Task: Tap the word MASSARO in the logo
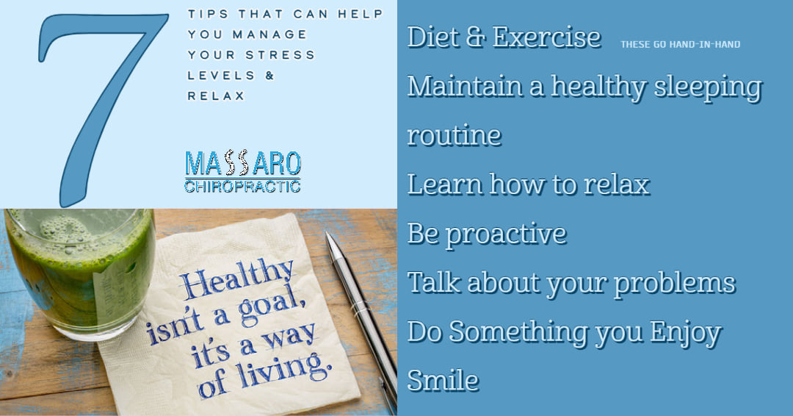[x=243, y=163]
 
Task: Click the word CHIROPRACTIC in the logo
[x=243, y=186]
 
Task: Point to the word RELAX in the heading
[x=216, y=96]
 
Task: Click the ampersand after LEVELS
[x=269, y=76]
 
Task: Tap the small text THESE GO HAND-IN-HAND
[x=680, y=45]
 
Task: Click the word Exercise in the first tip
[x=547, y=37]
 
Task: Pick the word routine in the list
[x=455, y=135]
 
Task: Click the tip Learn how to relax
[x=529, y=184]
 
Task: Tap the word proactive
[x=506, y=234]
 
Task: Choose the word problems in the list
[x=675, y=284]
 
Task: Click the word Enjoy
[x=686, y=334]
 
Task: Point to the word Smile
[x=443, y=381]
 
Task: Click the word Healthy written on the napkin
[x=236, y=279]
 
